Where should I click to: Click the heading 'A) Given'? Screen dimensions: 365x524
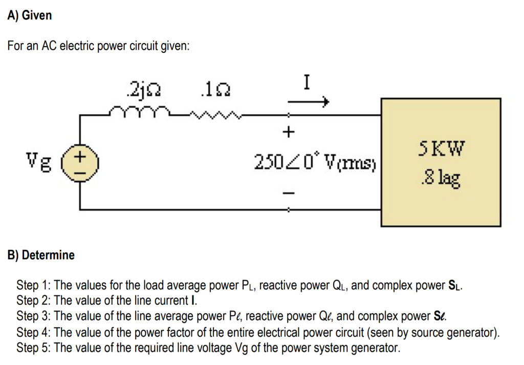pyautogui.click(x=30, y=16)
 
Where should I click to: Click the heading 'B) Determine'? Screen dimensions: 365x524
pyautogui.click(x=41, y=255)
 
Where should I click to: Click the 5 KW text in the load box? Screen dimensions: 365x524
pyautogui.click(x=441, y=149)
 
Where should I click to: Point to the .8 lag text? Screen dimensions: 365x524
pyautogui.click(x=441, y=179)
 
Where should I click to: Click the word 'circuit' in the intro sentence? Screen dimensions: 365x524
pyautogui.click(x=147, y=47)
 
